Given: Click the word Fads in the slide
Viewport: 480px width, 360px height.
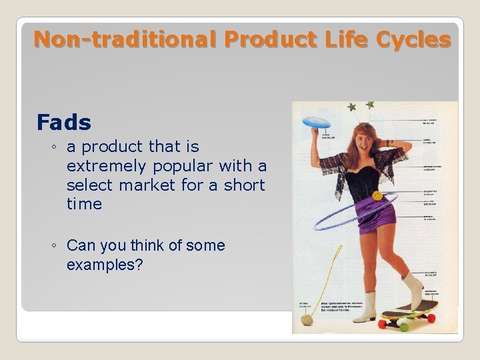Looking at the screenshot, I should (x=64, y=123).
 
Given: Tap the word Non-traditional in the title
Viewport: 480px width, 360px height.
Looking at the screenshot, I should (x=125, y=40).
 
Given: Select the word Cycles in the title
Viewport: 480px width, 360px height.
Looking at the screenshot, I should (x=413, y=40).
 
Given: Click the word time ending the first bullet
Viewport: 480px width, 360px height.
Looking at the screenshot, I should (x=84, y=204).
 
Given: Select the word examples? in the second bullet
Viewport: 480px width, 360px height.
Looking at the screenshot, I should (x=105, y=265).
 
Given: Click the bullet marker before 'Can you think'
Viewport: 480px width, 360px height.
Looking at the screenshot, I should (x=53, y=246).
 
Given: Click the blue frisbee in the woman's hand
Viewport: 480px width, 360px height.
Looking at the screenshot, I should (x=316, y=122).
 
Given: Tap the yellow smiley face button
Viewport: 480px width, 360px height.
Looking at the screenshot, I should (x=377, y=195).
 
